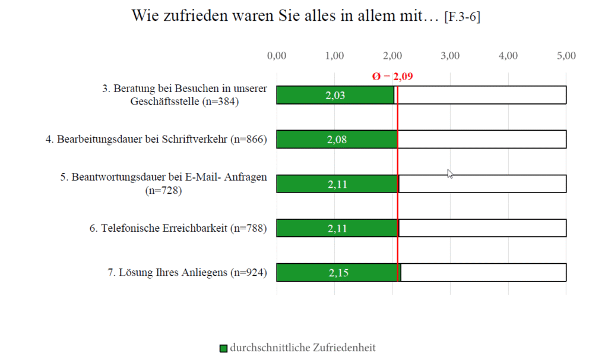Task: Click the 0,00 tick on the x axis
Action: point(277,56)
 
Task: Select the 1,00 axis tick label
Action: point(335,56)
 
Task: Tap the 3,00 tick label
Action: point(451,56)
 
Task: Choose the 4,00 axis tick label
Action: point(508,56)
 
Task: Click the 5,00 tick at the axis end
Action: point(566,56)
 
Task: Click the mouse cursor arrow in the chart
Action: point(450,173)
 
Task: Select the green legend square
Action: point(223,348)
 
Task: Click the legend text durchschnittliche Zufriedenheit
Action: point(303,348)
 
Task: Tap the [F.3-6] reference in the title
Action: point(462,18)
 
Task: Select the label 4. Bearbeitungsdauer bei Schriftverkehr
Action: point(156,140)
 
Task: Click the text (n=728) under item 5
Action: point(163,191)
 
